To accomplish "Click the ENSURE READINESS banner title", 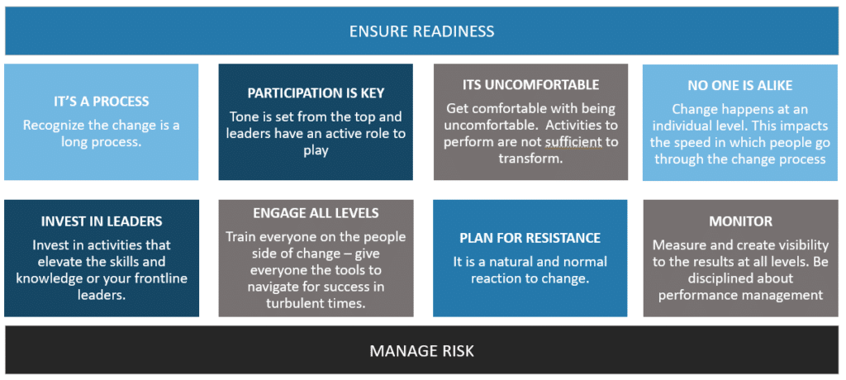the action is [421, 31].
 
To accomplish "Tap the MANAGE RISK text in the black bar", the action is [421, 351].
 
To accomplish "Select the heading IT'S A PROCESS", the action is [101, 101].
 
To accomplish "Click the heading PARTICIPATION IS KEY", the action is [316, 93].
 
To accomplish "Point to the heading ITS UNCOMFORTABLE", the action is [530, 85].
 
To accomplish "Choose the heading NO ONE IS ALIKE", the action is [739, 86].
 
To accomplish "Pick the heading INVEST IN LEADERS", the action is [102, 221].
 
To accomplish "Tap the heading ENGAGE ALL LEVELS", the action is [316, 212].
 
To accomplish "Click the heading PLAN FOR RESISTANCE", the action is [530, 238].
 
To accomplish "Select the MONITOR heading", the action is [740, 221].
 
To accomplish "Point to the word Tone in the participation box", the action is [243, 117].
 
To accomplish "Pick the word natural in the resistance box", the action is [513, 263].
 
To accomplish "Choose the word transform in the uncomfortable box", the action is [530, 158].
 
